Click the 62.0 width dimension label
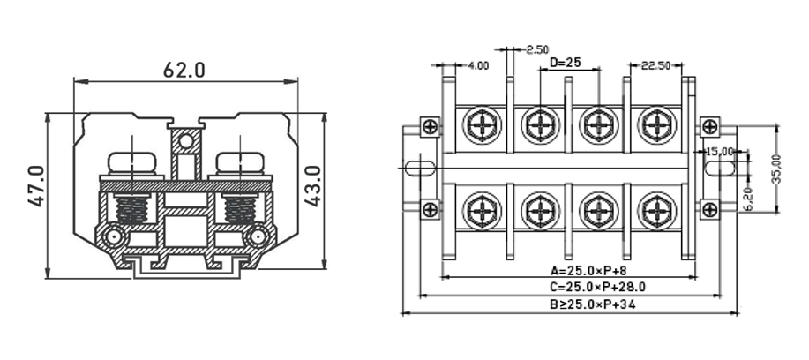pos(184,70)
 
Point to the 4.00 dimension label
pos(477,66)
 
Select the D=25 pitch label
pos(565,64)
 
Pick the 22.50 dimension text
pos(656,66)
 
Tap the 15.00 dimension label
pos(721,152)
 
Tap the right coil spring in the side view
pos(238,210)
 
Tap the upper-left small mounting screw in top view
pos(429,127)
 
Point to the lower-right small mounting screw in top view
pos(708,209)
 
